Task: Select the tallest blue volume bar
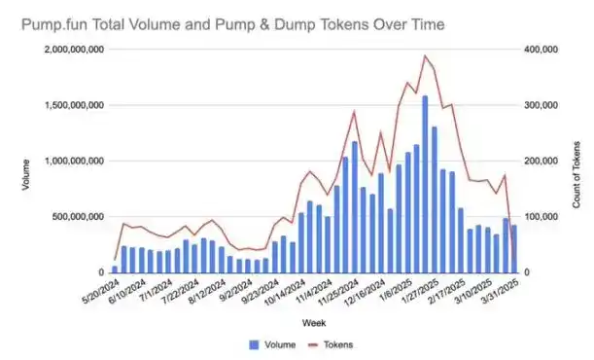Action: [425, 184]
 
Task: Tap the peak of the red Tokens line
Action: [425, 56]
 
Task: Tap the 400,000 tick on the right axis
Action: [540, 49]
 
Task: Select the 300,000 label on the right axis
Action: [540, 105]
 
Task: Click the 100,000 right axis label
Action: [540, 217]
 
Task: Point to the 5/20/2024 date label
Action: [98, 291]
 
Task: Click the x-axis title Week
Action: [312, 322]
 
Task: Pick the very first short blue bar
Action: [115, 270]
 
